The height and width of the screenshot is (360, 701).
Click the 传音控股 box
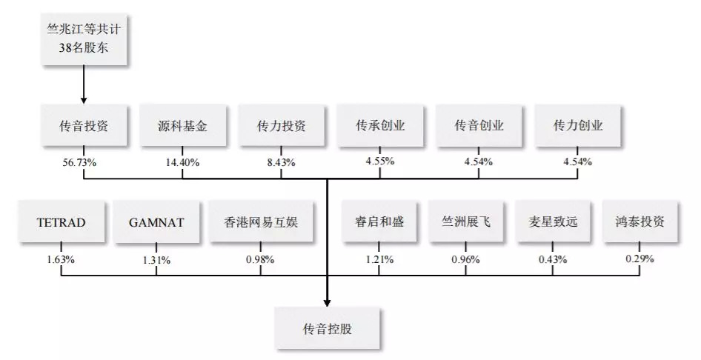point(327,328)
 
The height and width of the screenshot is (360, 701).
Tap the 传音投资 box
point(83,127)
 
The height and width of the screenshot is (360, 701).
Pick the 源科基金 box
point(182,127)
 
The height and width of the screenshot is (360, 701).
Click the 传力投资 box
point(282,127)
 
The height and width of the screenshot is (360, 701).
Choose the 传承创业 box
point(380,127)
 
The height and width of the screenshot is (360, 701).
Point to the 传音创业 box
point(479,127)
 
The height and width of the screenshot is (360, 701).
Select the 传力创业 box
point(578,127)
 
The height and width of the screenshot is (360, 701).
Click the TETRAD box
point(60,222)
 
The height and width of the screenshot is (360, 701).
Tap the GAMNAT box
point(156,222)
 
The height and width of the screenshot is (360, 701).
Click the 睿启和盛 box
point(379,222)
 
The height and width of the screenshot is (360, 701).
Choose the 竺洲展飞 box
point(465,222)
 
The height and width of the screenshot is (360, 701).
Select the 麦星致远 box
point(553,222)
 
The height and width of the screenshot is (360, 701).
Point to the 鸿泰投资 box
point(639,222)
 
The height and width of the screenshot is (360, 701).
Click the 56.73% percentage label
point(82,162)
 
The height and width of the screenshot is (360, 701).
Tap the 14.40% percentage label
point(182,162)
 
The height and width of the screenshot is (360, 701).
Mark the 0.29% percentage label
point(639,259)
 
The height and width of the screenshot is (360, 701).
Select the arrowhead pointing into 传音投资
point(83,99)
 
